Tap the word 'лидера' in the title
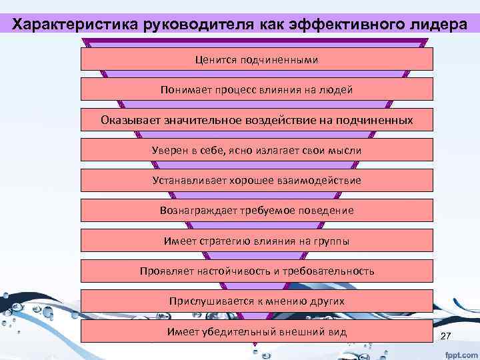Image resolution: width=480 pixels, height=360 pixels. (433, 25)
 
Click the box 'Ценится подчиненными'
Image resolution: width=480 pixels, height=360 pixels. (257, 59)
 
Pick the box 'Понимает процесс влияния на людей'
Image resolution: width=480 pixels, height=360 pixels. (257, 89)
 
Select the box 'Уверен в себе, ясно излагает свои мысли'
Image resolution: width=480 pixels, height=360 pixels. (257, 150)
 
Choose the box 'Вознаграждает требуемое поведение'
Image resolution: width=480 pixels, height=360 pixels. (257, 210)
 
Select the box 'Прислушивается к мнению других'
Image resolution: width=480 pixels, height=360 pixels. (257, 301)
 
